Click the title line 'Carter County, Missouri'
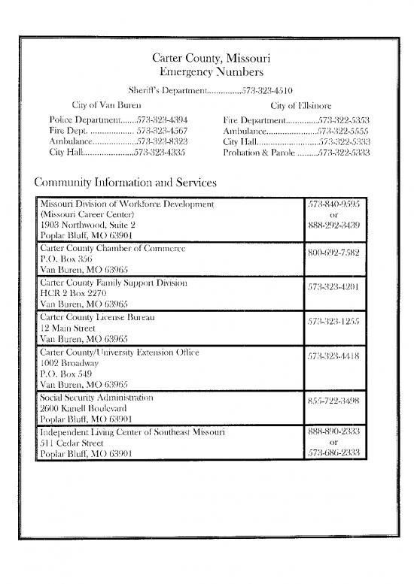206,58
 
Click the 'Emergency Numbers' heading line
206,72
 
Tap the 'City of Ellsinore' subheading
301,106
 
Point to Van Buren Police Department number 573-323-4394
161,120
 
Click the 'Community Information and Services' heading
126,183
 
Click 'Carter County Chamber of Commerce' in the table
113,247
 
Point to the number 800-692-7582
333,253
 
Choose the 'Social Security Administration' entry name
96,397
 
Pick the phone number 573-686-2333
333,453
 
